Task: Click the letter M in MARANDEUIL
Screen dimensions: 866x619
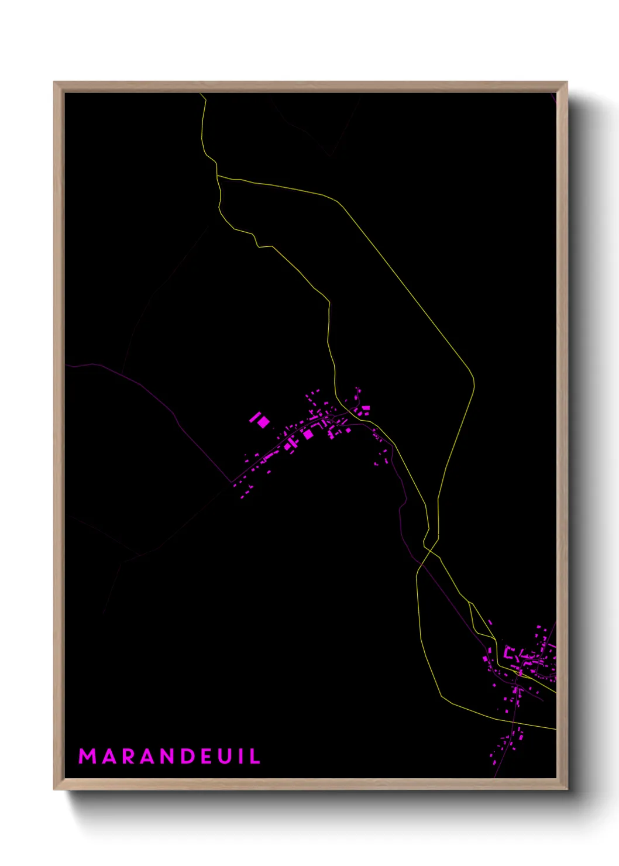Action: [x=87, y=756]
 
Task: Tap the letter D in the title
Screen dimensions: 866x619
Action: [x=188, y=756]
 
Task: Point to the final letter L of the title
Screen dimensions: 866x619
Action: [x=256, y=756]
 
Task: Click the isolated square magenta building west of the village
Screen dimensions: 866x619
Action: [x=264, y=422]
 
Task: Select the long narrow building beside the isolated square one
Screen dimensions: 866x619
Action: [x=255, y=417]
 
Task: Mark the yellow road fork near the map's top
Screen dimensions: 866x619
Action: [x=217, y=175]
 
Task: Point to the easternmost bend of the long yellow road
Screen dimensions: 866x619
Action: [x=474, y=384]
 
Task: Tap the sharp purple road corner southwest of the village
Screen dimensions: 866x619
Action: [x=232, y=482]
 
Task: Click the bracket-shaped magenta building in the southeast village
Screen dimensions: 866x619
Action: [x=509, y=653]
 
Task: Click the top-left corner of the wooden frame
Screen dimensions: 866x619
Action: [x=54, y=83]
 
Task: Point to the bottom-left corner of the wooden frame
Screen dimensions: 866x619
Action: [x=54, y=789]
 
